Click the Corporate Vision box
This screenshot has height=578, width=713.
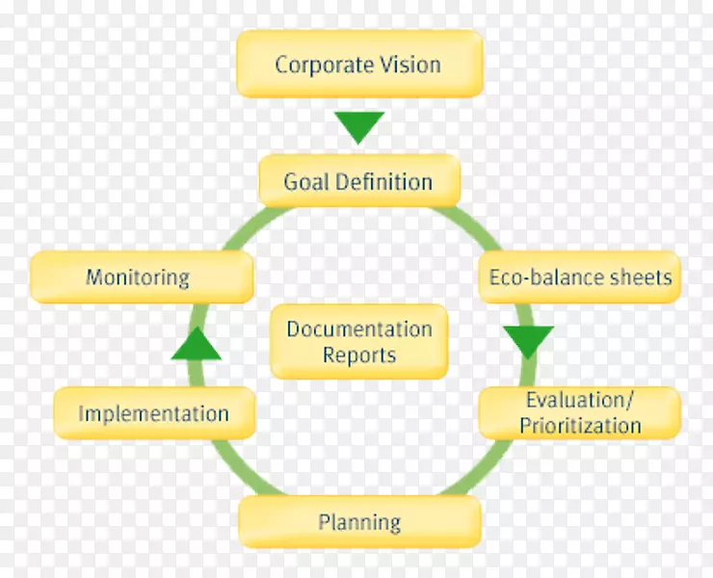pos(358,65)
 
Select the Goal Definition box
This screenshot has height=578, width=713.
pos(358,181)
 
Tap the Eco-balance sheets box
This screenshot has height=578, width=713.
pos(580,277)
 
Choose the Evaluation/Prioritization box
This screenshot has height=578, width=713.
pos(580,412)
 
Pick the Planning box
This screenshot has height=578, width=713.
pos(359,522)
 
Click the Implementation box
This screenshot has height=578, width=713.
pos(154,414)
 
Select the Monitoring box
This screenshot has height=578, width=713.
pos(141,277)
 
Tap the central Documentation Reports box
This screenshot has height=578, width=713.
pos(359,342)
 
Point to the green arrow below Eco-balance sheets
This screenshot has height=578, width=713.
pos(529,341)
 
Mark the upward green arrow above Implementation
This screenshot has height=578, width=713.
pos(197,344)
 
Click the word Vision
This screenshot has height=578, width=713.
pos(409,65)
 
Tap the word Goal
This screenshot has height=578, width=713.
pos(306,181)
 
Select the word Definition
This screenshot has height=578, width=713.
pos(383,181)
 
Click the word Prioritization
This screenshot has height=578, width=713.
pos(580,425)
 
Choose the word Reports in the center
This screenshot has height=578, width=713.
pos(359,355)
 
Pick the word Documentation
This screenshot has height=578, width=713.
pos(359,329)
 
